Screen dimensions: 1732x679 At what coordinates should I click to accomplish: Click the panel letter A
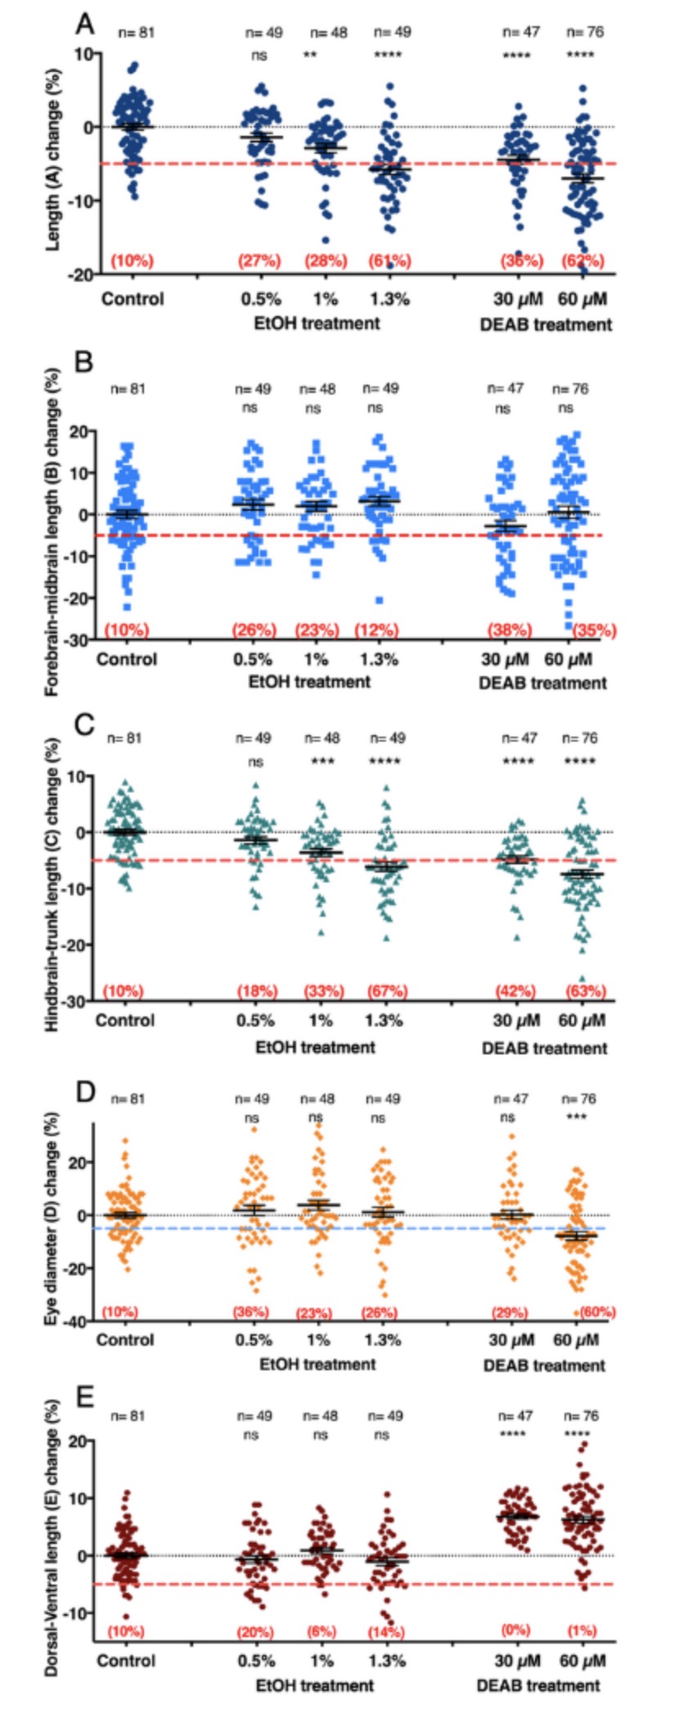84,23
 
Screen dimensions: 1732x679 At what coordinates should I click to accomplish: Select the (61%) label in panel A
390,261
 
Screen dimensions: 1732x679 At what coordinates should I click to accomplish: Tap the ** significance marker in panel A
311,56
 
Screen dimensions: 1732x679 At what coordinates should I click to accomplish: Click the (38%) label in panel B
510,630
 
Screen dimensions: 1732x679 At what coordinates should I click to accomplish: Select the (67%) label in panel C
386,991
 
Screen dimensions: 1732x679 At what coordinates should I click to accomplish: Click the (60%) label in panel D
596,1312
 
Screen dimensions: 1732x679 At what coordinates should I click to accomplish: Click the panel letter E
84,1397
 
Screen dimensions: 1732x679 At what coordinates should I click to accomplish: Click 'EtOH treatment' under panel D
317,1364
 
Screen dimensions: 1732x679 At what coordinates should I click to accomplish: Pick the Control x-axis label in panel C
124,1021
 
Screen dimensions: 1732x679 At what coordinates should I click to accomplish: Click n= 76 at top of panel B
570,389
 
